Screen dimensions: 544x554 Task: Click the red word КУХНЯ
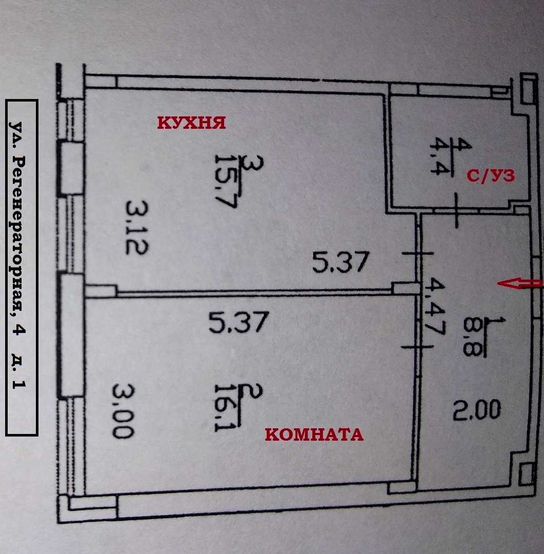coord(191,123)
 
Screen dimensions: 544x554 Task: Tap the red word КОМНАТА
coord(314,434)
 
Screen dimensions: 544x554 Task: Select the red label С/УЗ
coord(491,175)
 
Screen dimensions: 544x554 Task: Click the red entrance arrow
coord(519,283)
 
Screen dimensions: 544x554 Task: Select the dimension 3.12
coord(137,227)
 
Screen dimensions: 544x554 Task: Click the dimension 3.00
coord(123,411)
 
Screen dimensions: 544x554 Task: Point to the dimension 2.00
coord(477,410)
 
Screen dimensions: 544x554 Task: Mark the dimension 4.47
coord(434,306)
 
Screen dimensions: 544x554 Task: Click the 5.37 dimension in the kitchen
coord(340,262)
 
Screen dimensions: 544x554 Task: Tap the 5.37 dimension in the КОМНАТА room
coord(239,322)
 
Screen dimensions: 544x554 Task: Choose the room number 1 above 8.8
coord(495,322)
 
